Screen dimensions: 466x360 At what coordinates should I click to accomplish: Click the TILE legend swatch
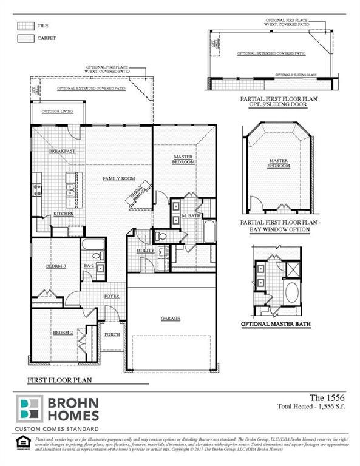click(25, 26)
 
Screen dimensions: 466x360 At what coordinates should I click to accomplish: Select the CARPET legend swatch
click(25, 38)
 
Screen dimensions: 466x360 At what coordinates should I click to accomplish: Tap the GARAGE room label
click(171, 318)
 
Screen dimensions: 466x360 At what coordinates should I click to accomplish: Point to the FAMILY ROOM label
click(118, 178)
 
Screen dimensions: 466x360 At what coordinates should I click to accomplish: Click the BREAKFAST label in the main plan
click(63, 150)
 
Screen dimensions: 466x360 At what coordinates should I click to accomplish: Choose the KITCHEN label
click(64, 214)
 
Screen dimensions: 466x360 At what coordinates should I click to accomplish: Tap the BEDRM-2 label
click(63, 333)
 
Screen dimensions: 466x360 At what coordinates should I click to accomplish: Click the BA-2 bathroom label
click(89, 265)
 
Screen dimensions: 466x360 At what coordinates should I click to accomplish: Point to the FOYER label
click(111, 296)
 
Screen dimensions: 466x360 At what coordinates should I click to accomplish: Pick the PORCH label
click(112, 334)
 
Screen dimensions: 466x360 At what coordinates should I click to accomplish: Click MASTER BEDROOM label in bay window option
click(277, 164)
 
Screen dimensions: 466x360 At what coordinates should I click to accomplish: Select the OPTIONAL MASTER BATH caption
click(276, 325)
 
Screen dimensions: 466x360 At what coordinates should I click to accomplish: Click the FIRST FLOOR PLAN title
click(59, 380)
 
